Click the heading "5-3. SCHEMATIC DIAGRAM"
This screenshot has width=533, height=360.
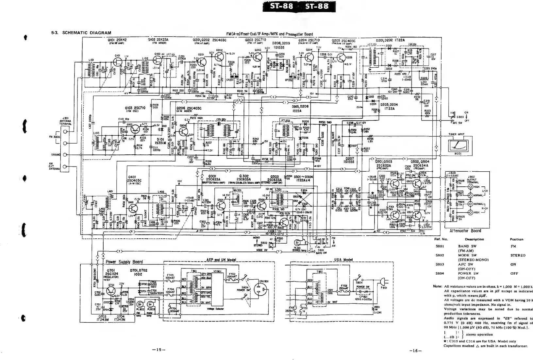[81, 33]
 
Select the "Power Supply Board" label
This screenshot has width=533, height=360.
[124, 262]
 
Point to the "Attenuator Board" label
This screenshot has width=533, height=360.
[465, 231]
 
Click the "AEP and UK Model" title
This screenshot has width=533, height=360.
[221, 260]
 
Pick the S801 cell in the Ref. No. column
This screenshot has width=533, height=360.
[440, 246]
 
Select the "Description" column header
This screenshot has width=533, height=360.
[474, 239]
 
